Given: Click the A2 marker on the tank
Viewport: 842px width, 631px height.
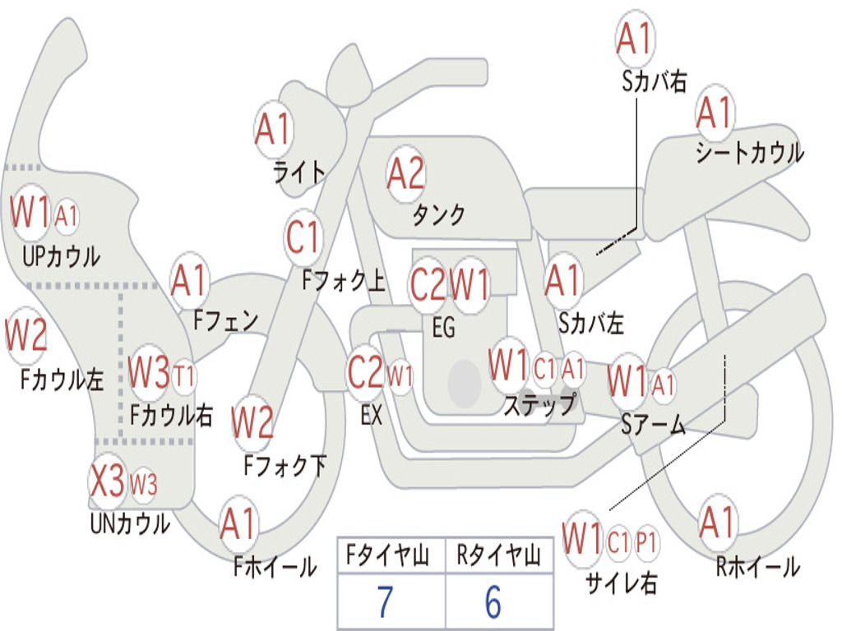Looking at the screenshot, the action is tap(406, 174).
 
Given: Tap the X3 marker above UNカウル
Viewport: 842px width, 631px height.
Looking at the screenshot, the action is tap(108, 481).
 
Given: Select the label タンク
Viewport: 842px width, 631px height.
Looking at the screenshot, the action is tap(439, 214).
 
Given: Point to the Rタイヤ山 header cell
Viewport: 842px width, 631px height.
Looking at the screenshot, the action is tap(499, 556).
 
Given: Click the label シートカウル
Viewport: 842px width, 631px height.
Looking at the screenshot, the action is tap(750, 152).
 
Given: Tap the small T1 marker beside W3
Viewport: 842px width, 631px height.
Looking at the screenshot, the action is tap(183, 375).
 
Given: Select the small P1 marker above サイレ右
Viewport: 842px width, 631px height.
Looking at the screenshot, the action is tap(646, 542).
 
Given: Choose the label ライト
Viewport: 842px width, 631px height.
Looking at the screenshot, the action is tap(299, 173).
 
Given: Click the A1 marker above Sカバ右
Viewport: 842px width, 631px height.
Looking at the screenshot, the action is tap(635, 39).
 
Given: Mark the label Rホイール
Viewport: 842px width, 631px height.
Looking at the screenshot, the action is tap(757, 567).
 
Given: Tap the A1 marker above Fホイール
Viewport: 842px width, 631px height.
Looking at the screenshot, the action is tap(238, 523).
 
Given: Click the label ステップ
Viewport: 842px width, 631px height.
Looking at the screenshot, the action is tap(539, 404).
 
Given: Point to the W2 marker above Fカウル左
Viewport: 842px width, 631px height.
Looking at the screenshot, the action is tap(25, 335).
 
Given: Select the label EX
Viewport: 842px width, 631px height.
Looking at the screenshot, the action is tap(372, 415).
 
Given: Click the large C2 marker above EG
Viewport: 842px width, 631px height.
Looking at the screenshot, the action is tap(428, 284).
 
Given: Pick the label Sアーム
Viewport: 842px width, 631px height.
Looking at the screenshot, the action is tap(653, 425).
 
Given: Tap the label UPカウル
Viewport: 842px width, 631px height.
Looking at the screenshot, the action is tap(61, 256).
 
